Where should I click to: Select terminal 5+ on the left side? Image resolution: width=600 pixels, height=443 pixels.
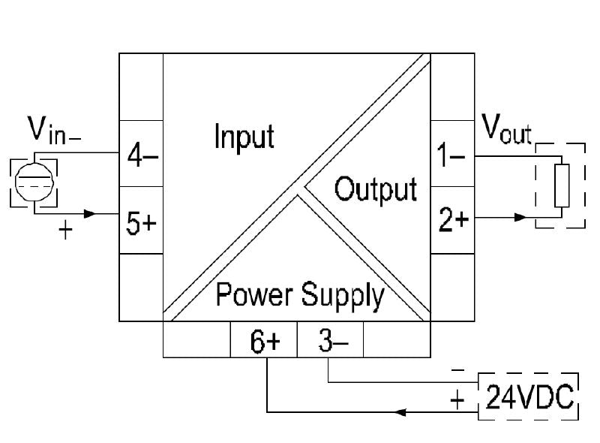click(x=141, y=223)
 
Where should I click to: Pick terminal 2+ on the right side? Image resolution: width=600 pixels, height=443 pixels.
click(x=451, y=221)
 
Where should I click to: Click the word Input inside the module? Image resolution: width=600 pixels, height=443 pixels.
click(x=244, y=137)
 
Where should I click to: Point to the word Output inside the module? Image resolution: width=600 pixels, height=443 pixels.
click(x=375, y=189)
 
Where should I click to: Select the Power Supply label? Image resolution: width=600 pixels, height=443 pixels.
click(x=300, y=295)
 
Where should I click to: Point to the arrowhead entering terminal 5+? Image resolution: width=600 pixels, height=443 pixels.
click(x=90, y=214)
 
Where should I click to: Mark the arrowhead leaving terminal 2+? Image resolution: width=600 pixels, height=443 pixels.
click(x=518, y=218)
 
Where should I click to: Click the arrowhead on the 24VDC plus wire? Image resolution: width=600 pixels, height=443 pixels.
click(x=402, y=412)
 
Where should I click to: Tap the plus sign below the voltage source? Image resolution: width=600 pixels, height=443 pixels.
click(x=65, y=231)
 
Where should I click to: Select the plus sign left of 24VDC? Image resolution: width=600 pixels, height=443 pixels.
click(x=457, y=399)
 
